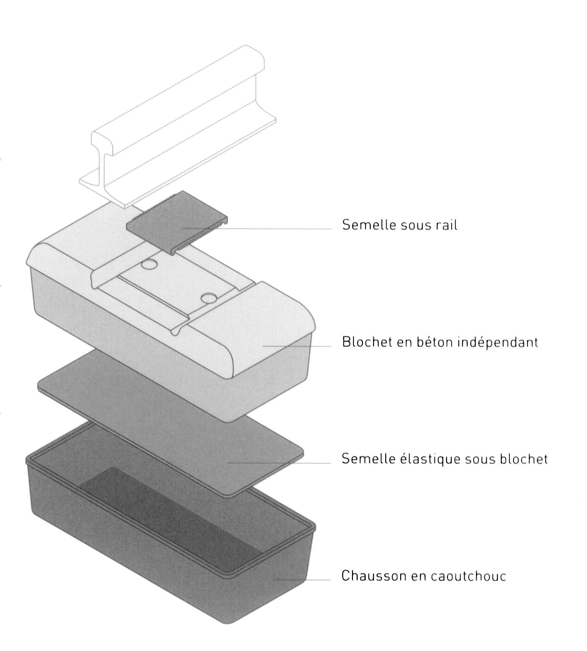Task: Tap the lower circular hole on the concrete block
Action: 209,297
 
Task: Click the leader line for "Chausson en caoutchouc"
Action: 304,580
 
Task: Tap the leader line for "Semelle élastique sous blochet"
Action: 281,463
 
